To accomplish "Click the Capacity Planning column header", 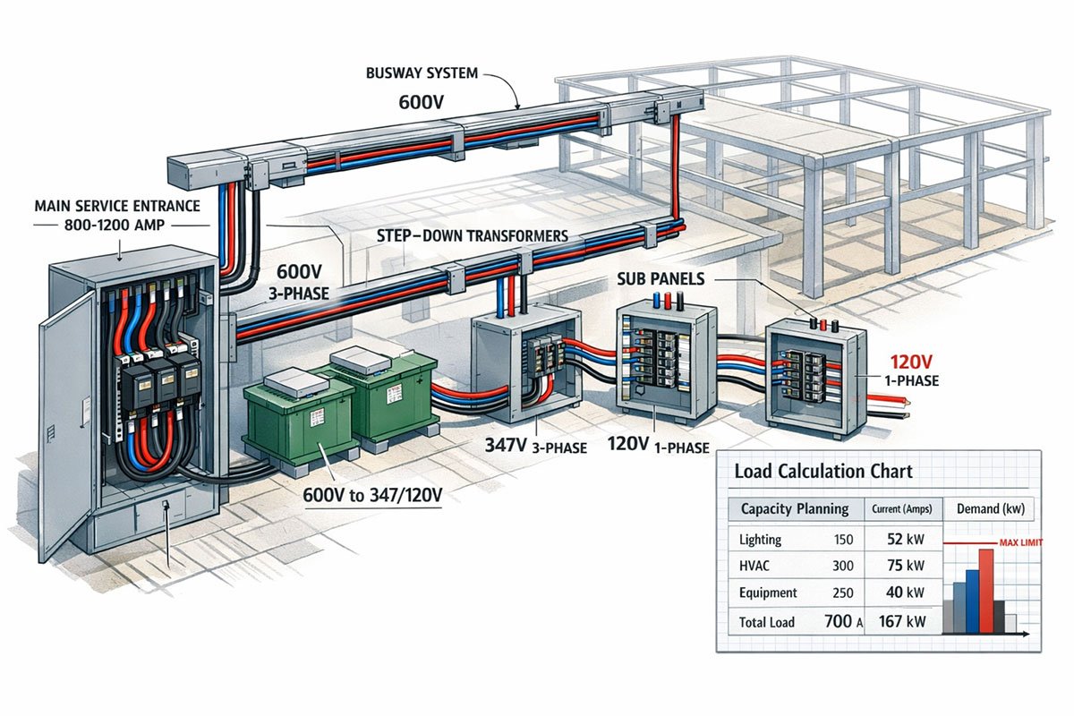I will [x=794, y=508].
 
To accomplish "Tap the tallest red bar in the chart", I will [x=985, y=590].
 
